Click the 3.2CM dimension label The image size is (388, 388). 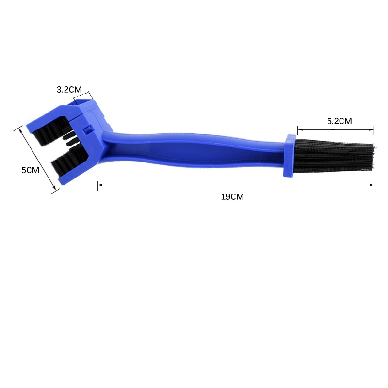(69, 89)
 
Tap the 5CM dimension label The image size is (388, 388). (30, 170)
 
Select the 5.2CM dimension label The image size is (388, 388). (339, 121)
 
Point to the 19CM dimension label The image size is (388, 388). (232, 197)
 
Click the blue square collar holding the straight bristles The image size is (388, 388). (290, 156)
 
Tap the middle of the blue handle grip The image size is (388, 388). (193, 150)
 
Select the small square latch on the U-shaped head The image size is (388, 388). (87, 130)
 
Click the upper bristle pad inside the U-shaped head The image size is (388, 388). (51, 131)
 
